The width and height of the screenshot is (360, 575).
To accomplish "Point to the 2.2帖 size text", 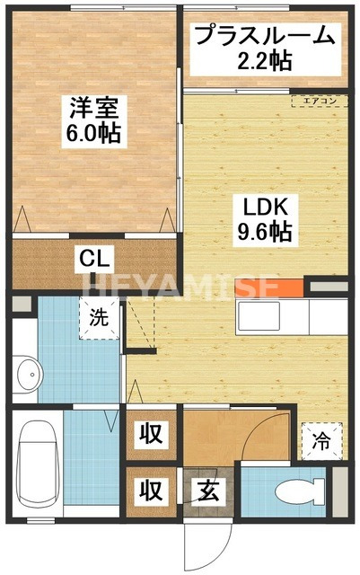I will click(x=264, y=61).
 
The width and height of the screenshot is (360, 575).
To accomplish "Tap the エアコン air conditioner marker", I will click(x=319, y=101).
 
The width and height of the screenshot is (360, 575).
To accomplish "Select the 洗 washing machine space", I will click(x=99, y=317).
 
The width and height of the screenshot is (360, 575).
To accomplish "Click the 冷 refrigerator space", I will click(x=320, y=440).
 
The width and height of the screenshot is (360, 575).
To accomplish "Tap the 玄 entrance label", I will click(x=207, y=491).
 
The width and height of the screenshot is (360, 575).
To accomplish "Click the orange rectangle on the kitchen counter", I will click(x=267, y=288).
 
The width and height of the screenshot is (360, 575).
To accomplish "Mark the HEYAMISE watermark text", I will click(x=180, y=287).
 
